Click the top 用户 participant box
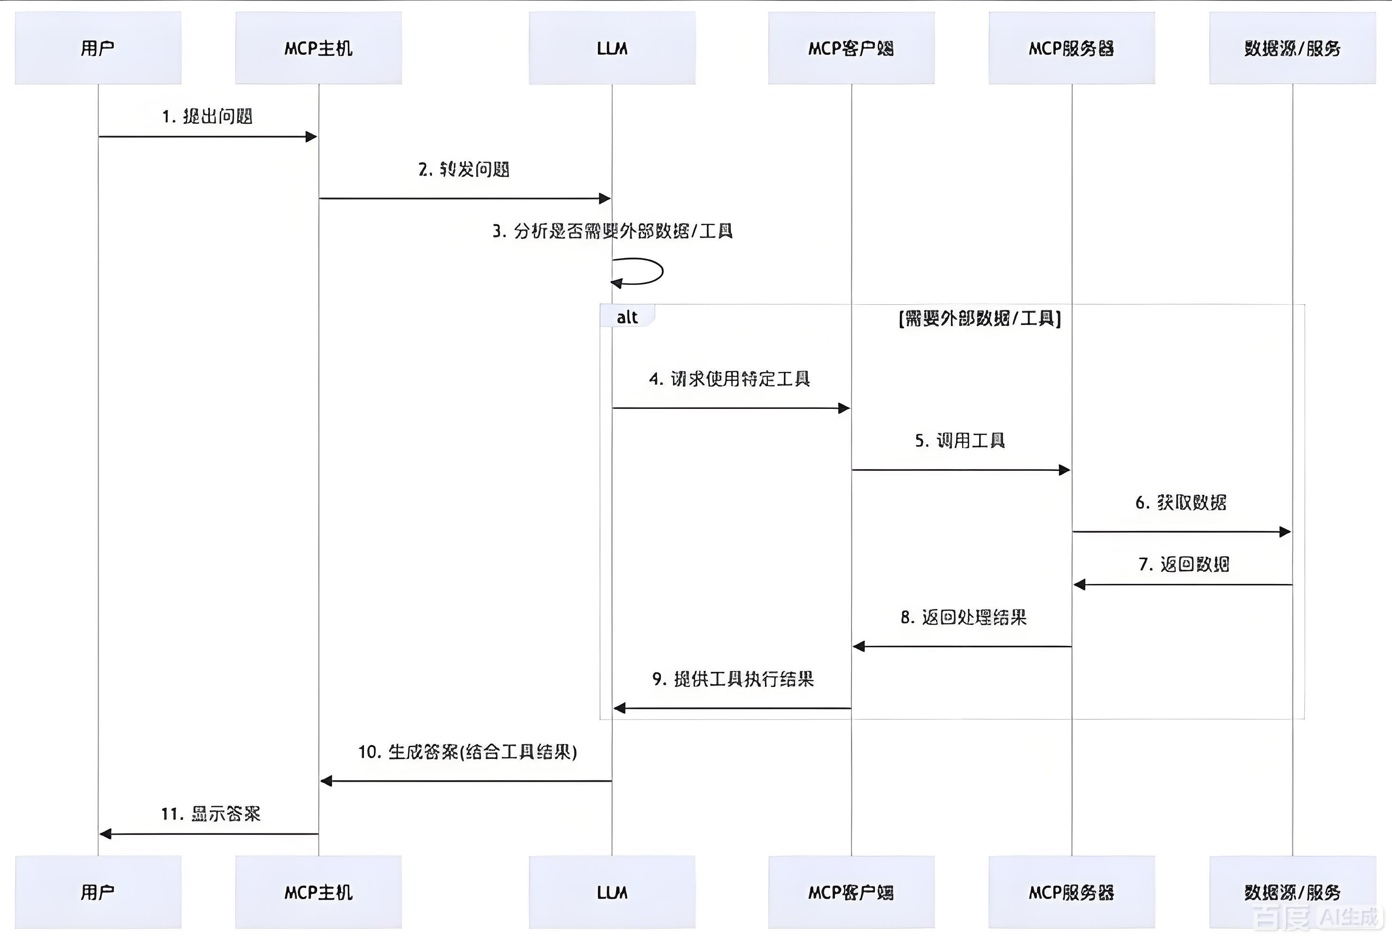pos(98,48)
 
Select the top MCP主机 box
pos(318,48)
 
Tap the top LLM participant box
pos(611,48)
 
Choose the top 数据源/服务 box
pos(1292,48)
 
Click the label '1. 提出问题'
pos(207,116)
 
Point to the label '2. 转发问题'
pos(464,169)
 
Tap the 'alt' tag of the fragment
pos(626,317)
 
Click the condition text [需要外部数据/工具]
pos(980,318)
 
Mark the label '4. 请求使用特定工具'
pos(729,378)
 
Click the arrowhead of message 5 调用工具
pos(1064,470)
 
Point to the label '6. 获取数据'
pos(1181,502)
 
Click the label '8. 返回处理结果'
pos(964,617)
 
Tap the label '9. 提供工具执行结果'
pos(733,679)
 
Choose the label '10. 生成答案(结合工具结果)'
pos(467,752)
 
